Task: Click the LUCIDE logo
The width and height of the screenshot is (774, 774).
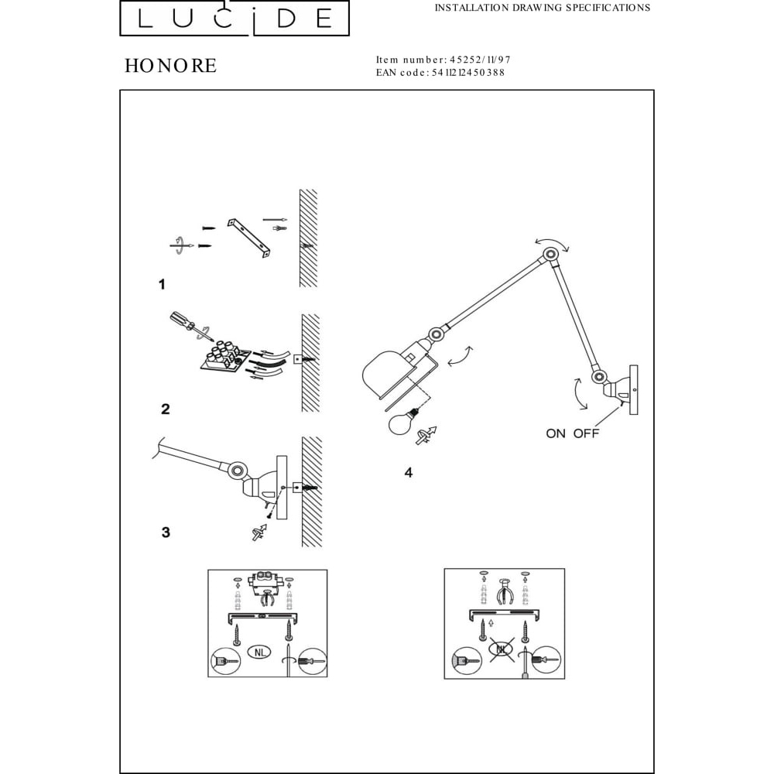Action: click(235, 19)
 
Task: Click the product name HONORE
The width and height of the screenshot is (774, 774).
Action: click(170, 66)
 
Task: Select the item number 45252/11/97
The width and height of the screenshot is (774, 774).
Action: click(480, 60)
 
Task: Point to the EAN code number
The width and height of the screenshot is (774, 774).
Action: click(468, 73)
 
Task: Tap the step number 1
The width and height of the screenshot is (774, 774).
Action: click(162, 284)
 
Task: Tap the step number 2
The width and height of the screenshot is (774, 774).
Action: click(166, 409)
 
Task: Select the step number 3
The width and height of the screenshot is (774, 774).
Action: click(166, 533)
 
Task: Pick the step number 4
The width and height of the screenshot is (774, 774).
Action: click(408, 473)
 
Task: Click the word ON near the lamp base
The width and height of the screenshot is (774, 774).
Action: click(555, 433)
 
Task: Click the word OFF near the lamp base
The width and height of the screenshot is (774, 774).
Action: click(586, 433)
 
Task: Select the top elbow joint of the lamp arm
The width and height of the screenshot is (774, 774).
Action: click(550, 255)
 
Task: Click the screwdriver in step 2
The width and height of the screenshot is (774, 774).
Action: click(191, 327)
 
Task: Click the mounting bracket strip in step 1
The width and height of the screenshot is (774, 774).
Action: click(249, 238)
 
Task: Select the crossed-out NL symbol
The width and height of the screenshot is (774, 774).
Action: click(502, 649)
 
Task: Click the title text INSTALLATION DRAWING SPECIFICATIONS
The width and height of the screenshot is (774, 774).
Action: click(543, 8)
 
